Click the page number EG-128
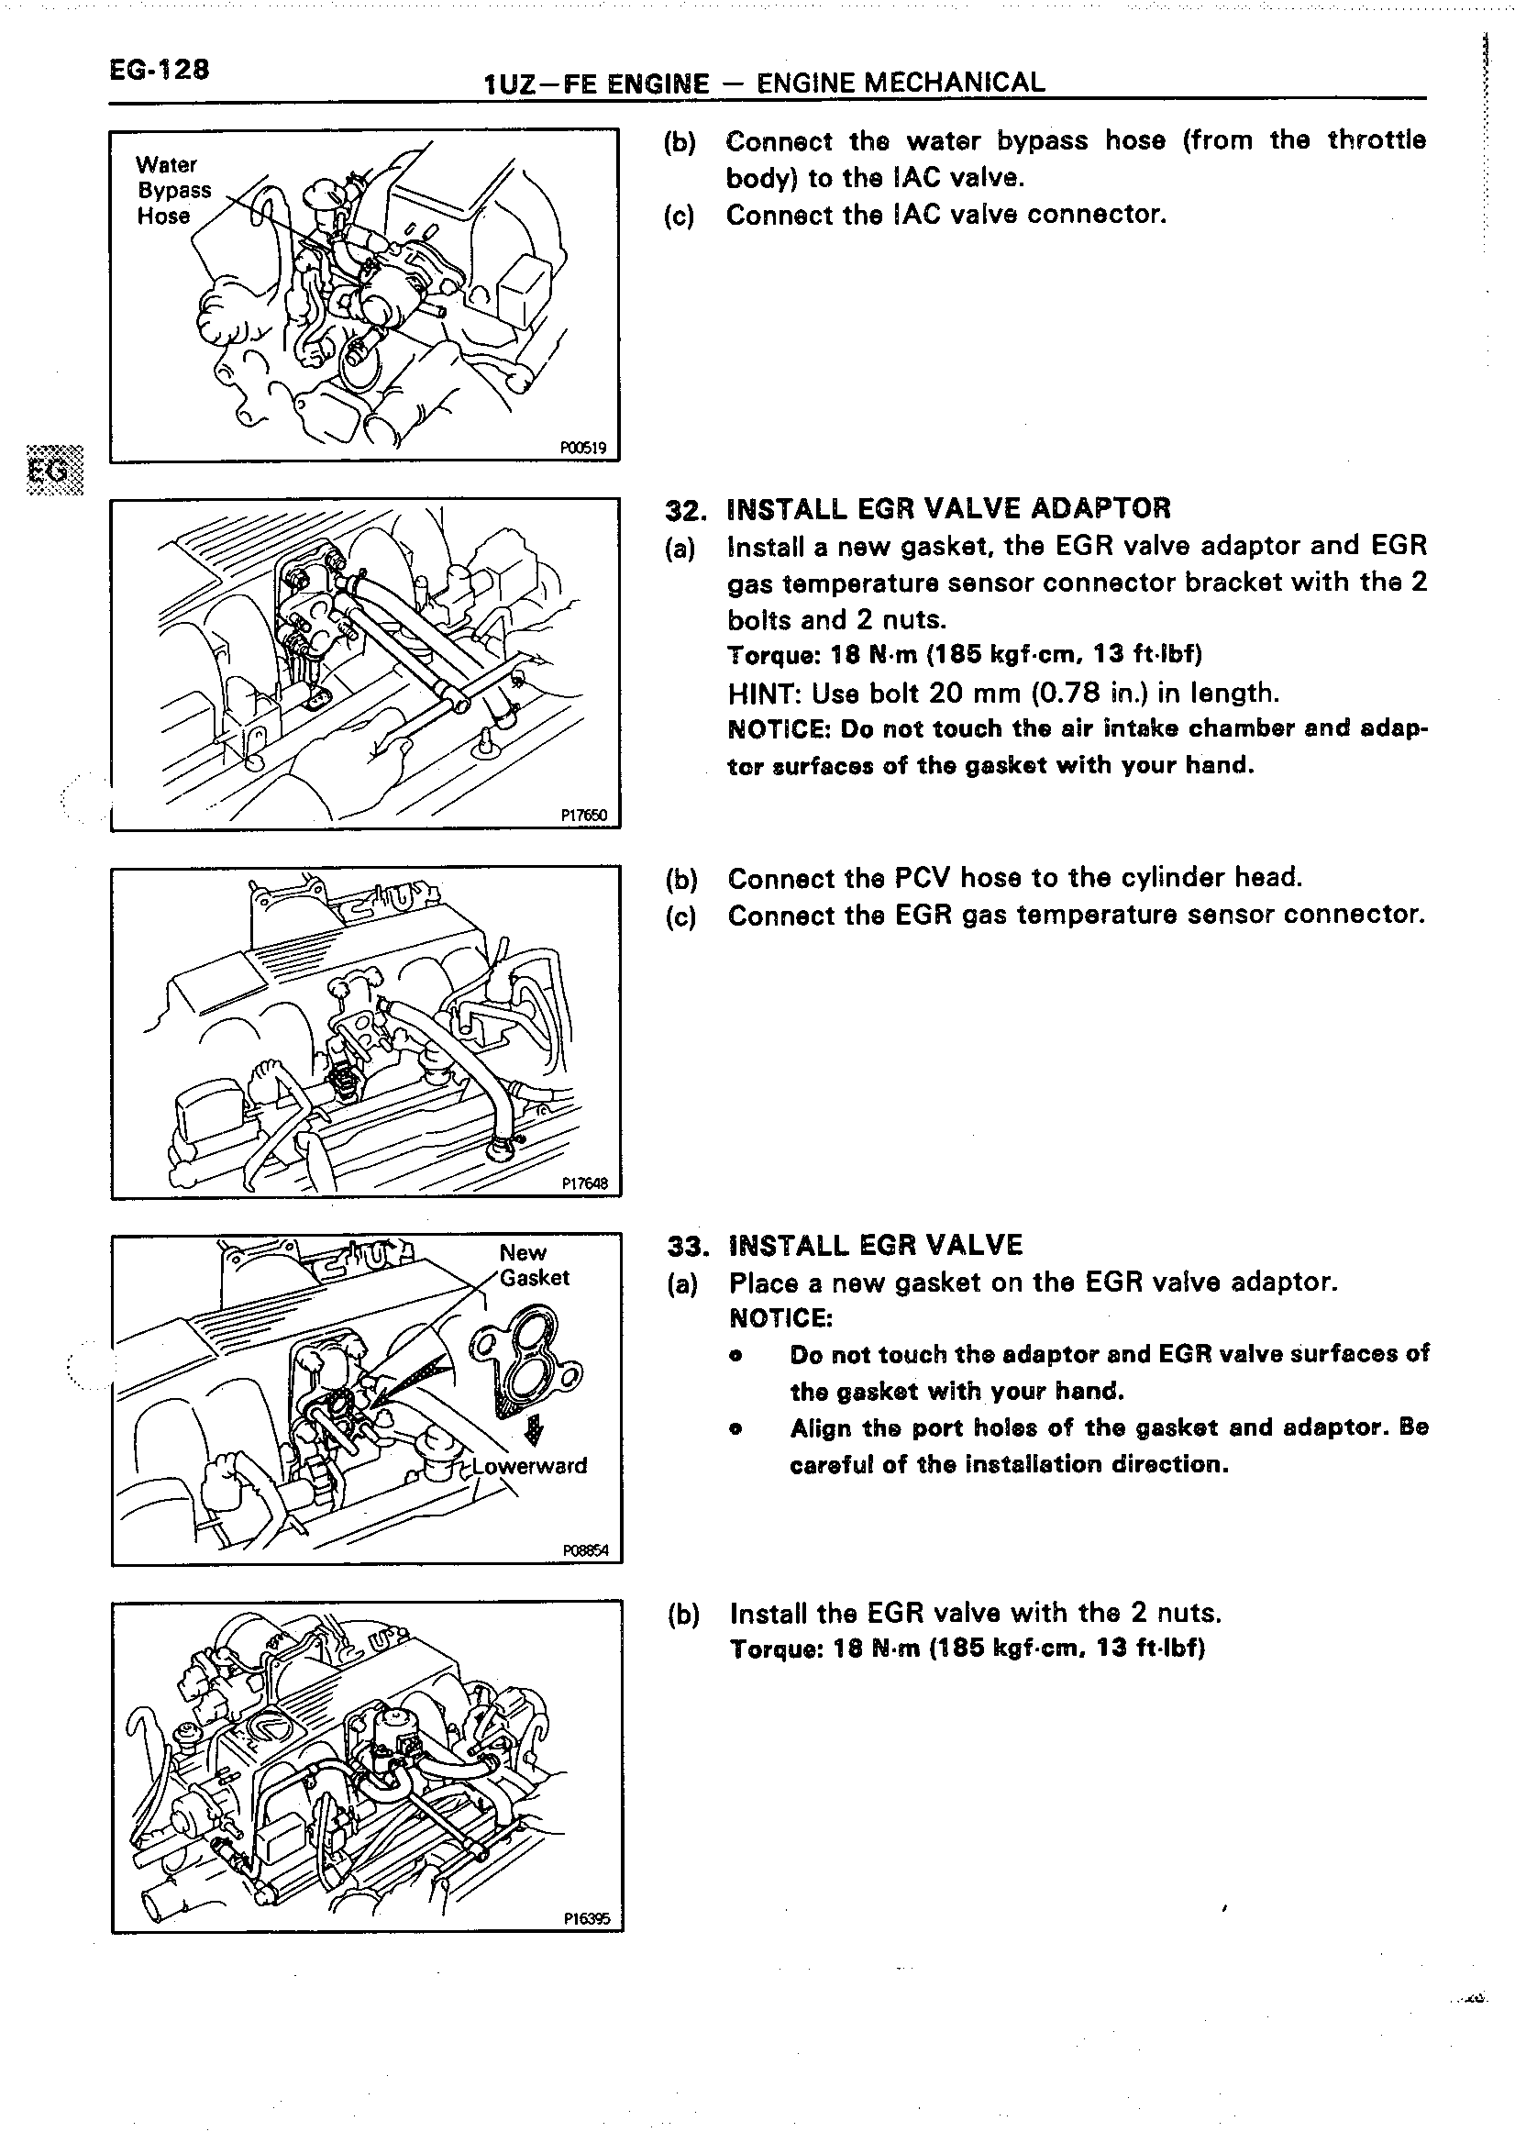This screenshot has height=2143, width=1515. (159, 70)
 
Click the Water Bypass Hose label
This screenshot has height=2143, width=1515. (172, 191)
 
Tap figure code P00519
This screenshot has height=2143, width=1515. (583, 448)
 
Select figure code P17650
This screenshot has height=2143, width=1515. (583, 816)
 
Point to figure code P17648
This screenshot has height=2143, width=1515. (584, 1184)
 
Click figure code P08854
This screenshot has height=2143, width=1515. (585, 1551)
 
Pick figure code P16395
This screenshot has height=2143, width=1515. (586, 1919)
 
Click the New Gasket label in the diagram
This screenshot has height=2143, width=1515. (534, 1265)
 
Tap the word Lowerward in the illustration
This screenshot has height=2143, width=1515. (529, 1465)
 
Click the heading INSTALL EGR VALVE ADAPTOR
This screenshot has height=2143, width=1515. (948, 508)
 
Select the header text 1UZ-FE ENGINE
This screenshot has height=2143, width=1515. (597, 84)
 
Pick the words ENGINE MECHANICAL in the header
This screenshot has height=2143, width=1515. (901, 83)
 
